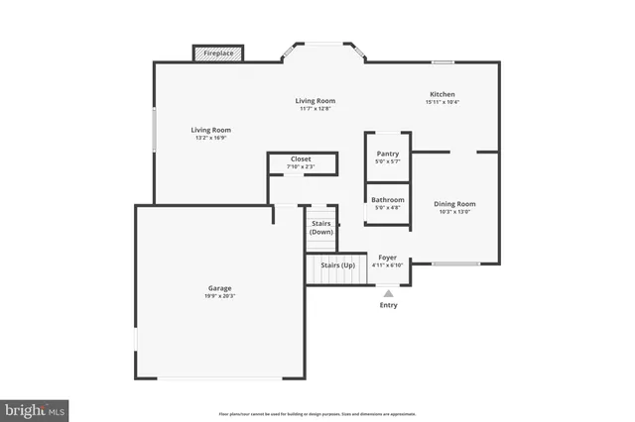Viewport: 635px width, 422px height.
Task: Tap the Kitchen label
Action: (442, 94)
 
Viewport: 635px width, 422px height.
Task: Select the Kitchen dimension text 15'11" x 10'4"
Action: (442, 102)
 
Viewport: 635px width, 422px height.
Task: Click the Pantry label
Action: (387, 154)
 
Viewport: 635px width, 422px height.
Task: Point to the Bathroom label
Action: (387, 199)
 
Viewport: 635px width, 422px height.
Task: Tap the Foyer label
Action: (387, 258)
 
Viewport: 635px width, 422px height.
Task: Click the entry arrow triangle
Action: (388, 293)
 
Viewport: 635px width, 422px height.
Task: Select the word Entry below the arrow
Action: (388, 305)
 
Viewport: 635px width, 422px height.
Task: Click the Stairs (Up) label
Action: (336, 265)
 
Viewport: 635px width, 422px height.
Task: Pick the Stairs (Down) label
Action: (320, 228)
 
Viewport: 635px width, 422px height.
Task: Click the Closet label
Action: (301, 159)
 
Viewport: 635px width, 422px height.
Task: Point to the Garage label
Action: (219, 287)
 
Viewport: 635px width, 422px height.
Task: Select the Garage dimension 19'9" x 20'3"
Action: (219, 295)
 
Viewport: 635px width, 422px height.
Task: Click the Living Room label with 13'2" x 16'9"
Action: (210, 130)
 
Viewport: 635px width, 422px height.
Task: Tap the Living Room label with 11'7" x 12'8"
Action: (316, 100)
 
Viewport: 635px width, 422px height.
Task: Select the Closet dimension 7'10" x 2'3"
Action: (301, 167)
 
